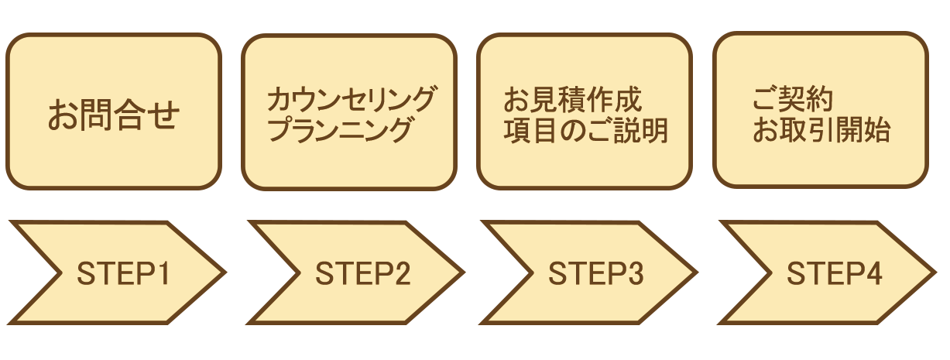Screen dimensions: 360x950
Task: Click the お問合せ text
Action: (x=114, y=115)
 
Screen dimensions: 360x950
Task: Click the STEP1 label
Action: (x=124, y=273)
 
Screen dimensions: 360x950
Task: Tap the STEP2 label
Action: (x=362, y=273)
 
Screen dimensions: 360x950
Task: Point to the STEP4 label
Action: (x=835, y=273)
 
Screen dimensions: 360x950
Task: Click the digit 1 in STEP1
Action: (x=163, y=273)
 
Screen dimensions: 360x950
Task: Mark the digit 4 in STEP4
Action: (x=874, y=273)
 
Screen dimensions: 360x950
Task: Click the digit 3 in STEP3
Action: (x=635, y=273)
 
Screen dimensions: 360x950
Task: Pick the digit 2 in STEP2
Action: (x=401, y=273)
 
